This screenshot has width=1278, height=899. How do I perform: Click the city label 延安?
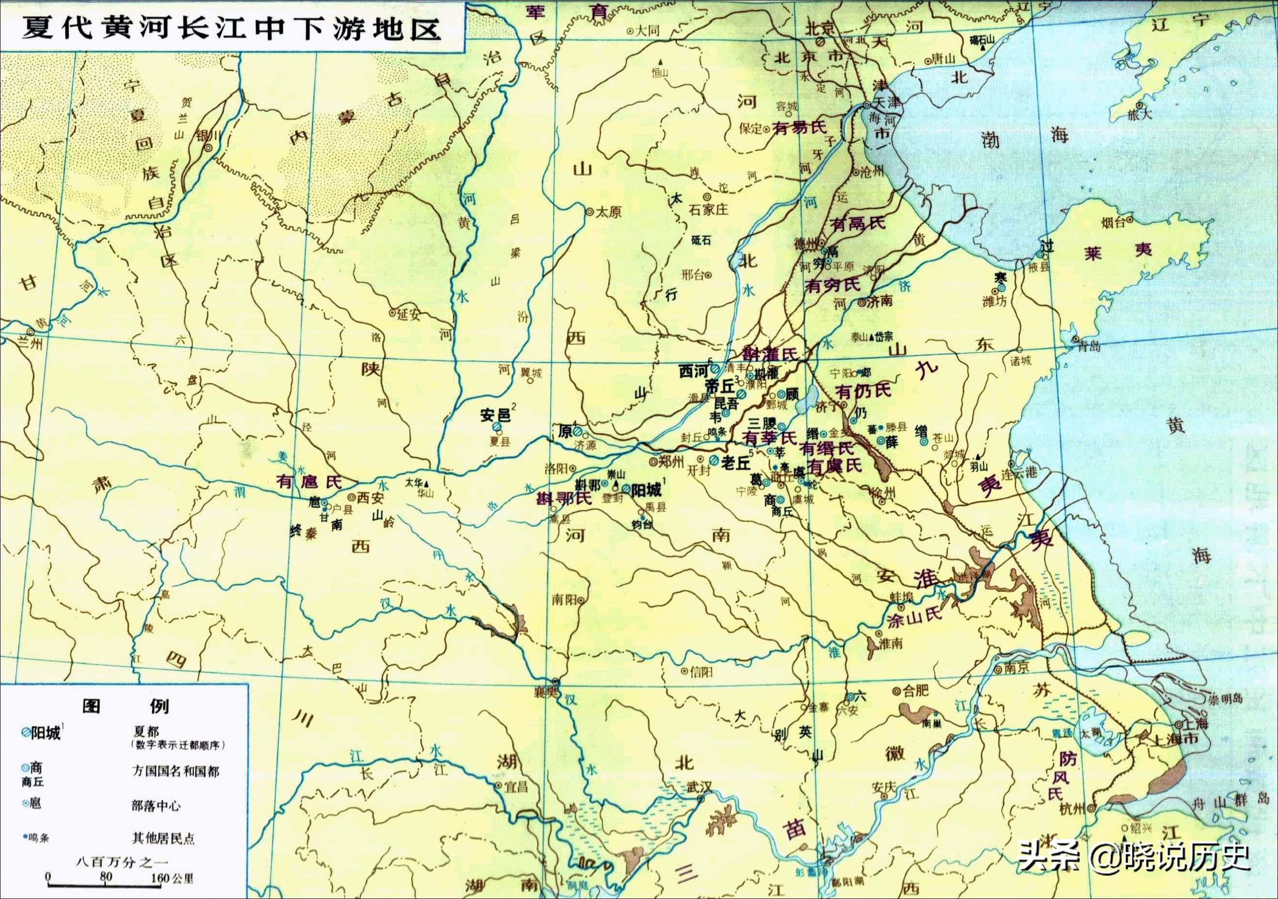(x=409, y=314)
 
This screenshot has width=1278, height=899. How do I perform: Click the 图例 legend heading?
(x=125, y=706)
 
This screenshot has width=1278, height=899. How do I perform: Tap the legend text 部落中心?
(x=156, y=805)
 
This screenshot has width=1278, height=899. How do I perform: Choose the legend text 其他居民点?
(x=163, y=838)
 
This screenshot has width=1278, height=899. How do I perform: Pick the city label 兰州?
(x=31, y=343)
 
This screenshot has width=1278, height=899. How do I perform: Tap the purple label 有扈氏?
(x=309, y=482)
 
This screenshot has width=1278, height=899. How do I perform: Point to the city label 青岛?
(x=1089, y=346)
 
